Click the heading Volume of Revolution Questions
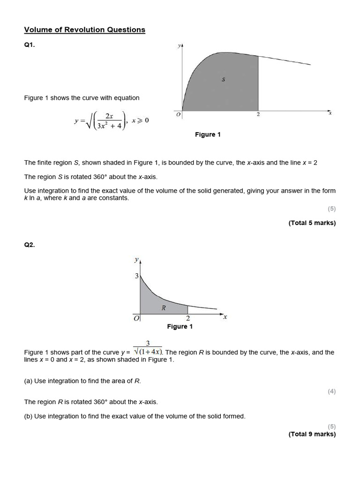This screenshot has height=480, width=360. coord(84,30)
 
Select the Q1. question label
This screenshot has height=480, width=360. coord(30,46)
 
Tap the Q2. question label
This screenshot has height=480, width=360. coord(30,245)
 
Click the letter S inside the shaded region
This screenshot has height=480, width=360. coord(223,80)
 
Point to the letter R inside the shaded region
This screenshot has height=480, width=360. coord(164,308)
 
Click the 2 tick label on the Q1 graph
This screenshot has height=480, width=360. coord(258,115)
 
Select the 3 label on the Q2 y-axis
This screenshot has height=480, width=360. coord(137,276)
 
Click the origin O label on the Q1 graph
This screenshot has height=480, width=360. coord(179,115)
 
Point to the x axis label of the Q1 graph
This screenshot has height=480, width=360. coord(330,113)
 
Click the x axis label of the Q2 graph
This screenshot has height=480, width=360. coord(225,317)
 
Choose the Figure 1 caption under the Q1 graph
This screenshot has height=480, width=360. coord(208,135)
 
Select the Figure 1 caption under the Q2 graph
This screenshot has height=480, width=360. coord(180,326)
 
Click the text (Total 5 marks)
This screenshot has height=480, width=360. coord(312,223)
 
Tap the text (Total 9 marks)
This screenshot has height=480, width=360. coord(312,434)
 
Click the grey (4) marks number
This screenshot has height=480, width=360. coord(332,391)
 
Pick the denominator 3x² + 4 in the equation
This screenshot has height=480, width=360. coord(108,125)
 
